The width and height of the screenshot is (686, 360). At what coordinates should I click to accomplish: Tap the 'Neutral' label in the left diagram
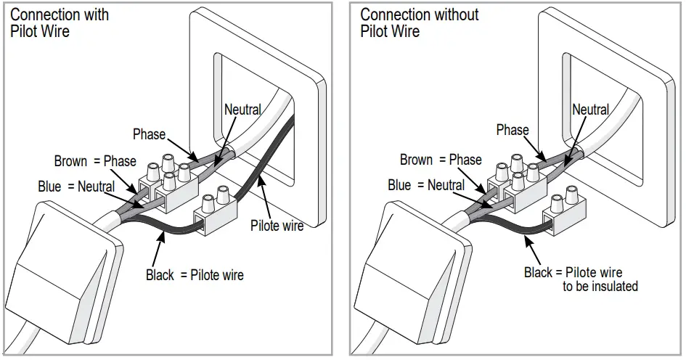[242, 110]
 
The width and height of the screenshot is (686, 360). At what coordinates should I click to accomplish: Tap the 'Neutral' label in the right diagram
[590, 110]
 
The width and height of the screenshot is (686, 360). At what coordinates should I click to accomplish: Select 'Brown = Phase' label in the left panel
[95, 160]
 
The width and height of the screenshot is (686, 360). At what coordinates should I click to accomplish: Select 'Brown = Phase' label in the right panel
[441, 160]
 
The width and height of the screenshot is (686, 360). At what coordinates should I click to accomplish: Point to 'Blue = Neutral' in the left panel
[76, 187]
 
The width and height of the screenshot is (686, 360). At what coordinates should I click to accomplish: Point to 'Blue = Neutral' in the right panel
[425, 185]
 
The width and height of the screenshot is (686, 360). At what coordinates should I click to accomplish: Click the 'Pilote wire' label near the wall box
[277, 226]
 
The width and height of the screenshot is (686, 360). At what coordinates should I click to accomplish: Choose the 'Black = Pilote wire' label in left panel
[195, 275]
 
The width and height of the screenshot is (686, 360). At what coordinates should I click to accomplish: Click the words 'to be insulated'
[600, 287]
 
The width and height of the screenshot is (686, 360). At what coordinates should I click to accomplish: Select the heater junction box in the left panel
[58, 276]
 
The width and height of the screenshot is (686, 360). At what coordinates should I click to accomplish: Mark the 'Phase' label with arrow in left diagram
[149, 134]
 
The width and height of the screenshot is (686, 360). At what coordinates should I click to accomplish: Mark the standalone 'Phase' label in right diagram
[512, 130]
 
